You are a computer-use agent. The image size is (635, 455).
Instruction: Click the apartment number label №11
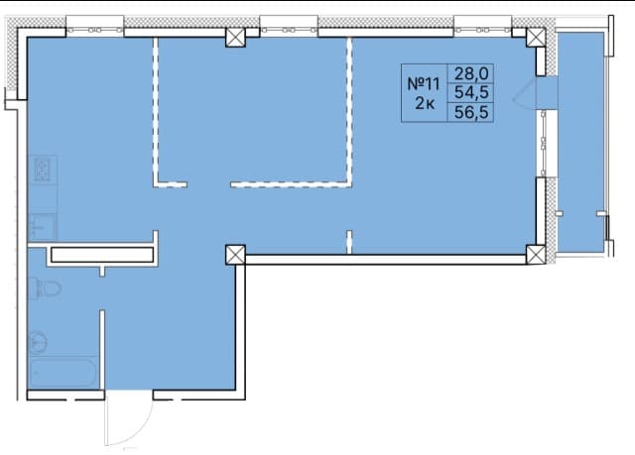click(424, 84)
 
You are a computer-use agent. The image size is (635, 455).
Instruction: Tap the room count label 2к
click(425, 103)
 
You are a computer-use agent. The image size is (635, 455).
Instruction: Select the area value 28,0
click(471, 73)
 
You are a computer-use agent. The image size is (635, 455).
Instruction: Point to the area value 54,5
click(471, 92)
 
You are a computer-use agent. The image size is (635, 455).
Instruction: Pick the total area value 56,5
click(471, 112)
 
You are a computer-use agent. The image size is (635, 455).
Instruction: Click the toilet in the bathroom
click(46, 287)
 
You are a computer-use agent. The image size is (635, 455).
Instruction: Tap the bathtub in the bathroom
click(63, 372)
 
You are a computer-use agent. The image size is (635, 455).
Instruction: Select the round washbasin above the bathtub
click(39, 343)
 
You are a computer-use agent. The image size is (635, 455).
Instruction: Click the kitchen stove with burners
click(43, 170)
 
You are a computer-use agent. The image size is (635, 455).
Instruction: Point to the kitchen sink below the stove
click(42, 226)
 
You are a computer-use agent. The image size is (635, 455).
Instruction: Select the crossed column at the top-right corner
click(536, 38)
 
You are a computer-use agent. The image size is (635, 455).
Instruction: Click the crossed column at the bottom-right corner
click(536, 255)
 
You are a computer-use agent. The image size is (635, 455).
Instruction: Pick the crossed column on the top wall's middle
click(235, 38)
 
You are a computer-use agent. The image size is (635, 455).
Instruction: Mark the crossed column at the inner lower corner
click(235, 255)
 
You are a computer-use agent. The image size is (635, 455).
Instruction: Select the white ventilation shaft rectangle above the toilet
click(102, 255)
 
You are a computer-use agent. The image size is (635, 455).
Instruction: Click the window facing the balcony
click(543, 143)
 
